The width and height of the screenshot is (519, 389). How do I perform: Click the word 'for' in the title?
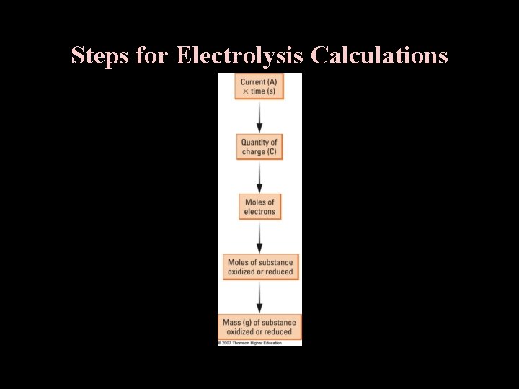(151, 55)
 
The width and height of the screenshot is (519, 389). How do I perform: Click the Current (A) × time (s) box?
(259, 87)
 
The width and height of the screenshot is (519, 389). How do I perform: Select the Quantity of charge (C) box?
(259, 147)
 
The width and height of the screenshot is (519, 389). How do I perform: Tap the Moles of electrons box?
(259, 207)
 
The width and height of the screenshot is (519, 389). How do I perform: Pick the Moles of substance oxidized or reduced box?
(260, 267)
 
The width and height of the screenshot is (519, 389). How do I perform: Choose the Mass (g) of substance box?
(259, 327)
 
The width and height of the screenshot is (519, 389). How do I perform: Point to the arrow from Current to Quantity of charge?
(259, 117)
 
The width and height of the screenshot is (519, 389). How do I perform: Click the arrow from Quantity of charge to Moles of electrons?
(259, 176)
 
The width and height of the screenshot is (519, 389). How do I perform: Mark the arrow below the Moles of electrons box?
(259, 236)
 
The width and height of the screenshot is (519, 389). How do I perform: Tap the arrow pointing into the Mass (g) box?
(259, 297)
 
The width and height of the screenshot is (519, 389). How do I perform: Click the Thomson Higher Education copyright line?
(249, 343)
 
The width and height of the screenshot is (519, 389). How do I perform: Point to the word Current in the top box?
(253, 82)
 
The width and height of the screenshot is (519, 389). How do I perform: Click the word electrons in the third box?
(259, 212)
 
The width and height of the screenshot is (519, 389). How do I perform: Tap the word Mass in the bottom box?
(232, 323)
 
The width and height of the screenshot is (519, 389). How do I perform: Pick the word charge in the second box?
(254, 152)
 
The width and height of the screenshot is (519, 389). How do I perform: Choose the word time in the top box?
(257, 91)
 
